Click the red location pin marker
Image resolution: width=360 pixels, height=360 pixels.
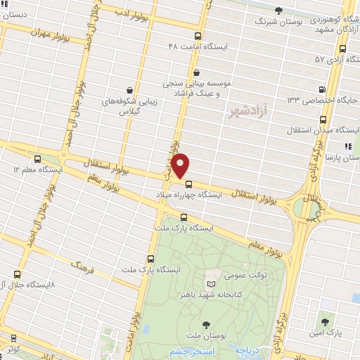pyautogui.click(x=181, y=165)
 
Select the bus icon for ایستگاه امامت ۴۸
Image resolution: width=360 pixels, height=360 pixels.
pyautogui.click(x=198, y=36)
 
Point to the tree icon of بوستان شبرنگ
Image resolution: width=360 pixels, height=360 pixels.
pyautogui.click(x=279, y=11)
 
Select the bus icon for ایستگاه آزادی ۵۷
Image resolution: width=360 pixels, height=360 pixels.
pyautogui.click(x=342, y=49)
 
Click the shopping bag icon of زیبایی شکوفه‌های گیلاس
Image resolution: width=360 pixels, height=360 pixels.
pyautogui.click(x=130, y=89)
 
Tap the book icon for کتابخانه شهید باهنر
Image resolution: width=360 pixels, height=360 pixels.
pyautogui.click(x=211, y=283)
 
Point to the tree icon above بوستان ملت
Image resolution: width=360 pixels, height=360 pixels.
pyautogui.click(x=206, y=324)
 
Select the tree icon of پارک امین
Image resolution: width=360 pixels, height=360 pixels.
pyautogui.click(x=324, y=321)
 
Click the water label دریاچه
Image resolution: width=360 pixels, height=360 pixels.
pyautogui.click(x=248, y=349)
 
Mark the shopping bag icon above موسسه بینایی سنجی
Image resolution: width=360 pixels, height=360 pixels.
pyautogui.click(x=198, y=71)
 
